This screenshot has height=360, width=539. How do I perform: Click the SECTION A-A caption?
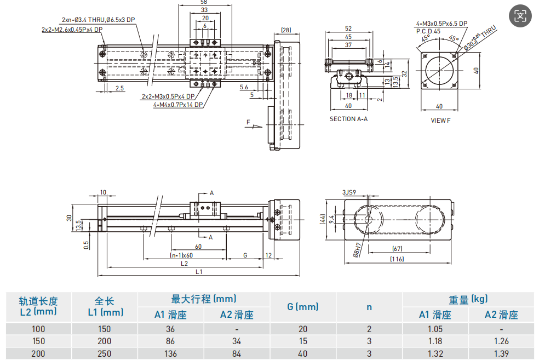click(x=348, y=119)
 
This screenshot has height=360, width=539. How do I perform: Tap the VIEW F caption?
click(x=440, y=121)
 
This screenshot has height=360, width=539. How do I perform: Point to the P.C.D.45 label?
click(x=428, y=31)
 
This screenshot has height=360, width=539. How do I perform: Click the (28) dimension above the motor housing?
click(x=286, y=30)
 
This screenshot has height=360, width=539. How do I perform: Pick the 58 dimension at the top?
click(x=204, y=3)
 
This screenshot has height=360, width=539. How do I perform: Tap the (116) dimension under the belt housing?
click(x=397, y=259)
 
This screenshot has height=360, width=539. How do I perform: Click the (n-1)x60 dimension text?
click(x=181, y=255)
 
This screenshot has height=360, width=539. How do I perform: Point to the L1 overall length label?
click(x=199, y=272)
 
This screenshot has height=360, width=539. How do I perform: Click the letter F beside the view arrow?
click(x=248, y=122)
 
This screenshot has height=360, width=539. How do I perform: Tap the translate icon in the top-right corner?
click(x=520, y=16)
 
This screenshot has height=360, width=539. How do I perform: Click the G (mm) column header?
click(x=302, y=307)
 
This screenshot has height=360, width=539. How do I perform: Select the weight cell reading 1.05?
click(x=435, y=329)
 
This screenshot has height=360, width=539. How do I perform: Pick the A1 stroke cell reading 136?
click(x=171, y=353)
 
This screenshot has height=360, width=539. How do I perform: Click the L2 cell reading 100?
click(x=38, y=329)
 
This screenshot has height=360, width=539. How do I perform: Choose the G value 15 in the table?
click(x=302, y=341)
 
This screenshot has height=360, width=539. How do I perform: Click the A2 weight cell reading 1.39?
click(x=501, y=353)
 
